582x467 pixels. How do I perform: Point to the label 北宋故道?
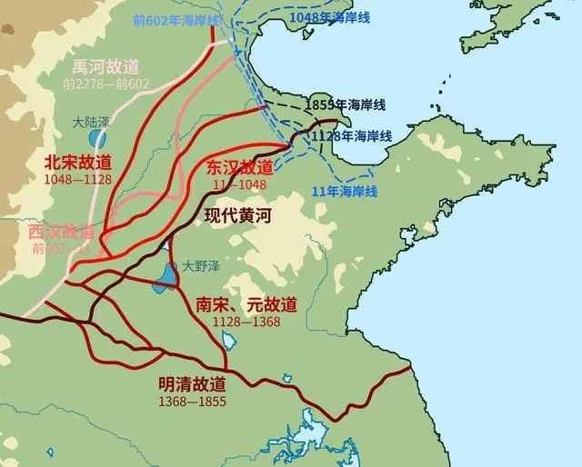pos(77,162)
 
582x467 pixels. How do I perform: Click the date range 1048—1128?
pos(77,178)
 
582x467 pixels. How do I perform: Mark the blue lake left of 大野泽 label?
pos(165,277)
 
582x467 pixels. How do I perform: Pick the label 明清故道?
pos(192,385)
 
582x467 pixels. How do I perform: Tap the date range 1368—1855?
pos(192,401)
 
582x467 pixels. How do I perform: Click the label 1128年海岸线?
pos(351,135)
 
